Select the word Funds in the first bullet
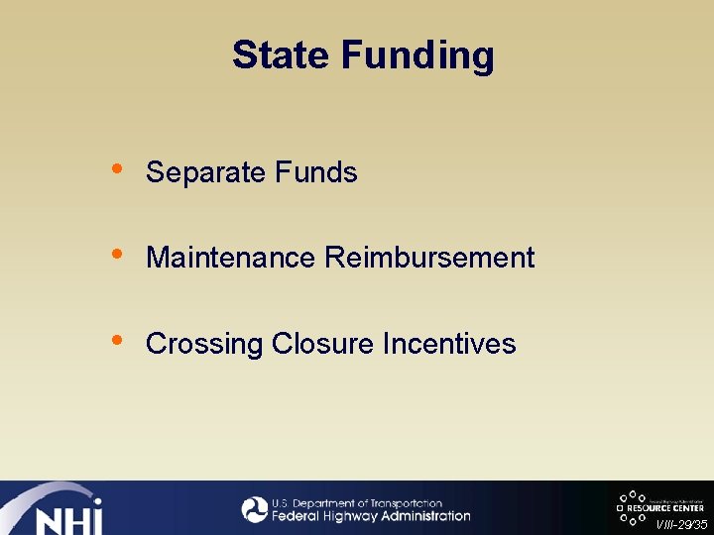tap(316, 172)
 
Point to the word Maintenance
tap(231, 258)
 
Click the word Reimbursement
tap(429, 258)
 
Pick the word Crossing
tap(204, 345)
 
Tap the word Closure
tap(323, 344)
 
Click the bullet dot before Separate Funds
tap(118, 168)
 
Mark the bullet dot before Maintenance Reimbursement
tap(118, 254)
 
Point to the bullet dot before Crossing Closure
tap(118, 340)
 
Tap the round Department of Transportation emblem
tap(255, 509)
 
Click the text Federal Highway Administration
tap(371, 516)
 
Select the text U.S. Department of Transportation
tap(357, 503)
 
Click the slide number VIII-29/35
tap(681, 525)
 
